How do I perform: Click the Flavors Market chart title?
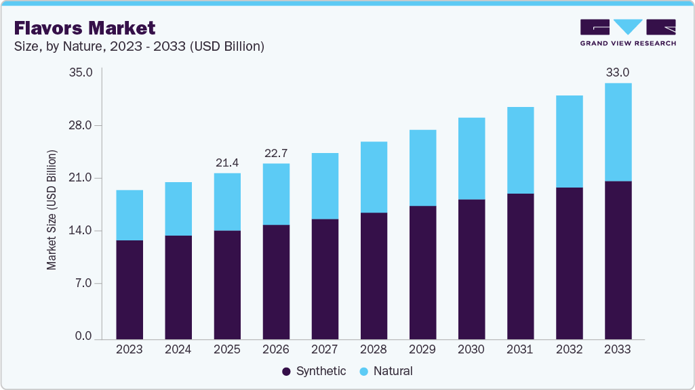[85, 28]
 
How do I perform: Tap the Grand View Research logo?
[627, 32]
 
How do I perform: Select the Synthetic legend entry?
[313, 371]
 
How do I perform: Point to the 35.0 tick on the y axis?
[81, 72]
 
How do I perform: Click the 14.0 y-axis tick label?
[81, 230]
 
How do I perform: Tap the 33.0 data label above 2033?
[618, 72]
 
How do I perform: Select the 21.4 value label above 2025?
[227, 162]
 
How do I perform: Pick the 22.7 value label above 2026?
[276, 153]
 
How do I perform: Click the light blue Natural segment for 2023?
[130, 215]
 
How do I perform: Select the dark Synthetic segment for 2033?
[618, 260]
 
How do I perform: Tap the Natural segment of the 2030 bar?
[471, 158]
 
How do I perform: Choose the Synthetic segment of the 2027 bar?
[325, 279]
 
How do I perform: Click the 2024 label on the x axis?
[178, 349]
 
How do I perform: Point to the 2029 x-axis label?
[422, 349]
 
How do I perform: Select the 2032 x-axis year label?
[569, 349]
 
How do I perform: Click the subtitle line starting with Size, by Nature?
[139, 46]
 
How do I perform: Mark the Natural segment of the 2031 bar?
[520, 150]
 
